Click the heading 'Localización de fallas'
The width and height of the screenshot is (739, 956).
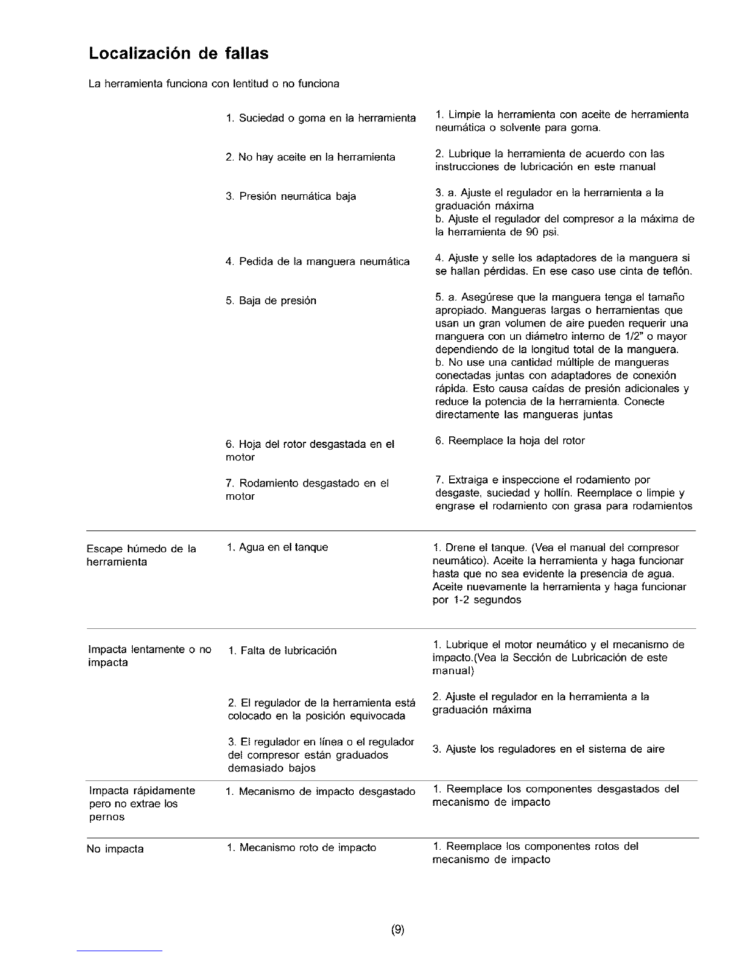178,54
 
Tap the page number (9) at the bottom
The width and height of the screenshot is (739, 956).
397,930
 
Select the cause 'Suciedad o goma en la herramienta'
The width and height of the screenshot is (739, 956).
321,118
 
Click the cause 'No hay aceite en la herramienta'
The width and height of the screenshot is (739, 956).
310,158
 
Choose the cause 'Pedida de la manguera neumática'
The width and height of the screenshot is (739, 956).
318,261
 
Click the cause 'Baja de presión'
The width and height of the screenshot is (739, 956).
270,301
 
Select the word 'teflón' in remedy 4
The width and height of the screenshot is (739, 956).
676,272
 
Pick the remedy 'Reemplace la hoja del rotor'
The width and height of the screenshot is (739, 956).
510,441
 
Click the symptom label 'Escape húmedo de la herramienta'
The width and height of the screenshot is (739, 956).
142,555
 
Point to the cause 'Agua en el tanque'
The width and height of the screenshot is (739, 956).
277,547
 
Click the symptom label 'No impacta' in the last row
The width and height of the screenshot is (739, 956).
115,849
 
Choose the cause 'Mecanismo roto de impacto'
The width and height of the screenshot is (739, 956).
301,848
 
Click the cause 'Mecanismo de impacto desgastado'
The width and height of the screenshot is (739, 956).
320,791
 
